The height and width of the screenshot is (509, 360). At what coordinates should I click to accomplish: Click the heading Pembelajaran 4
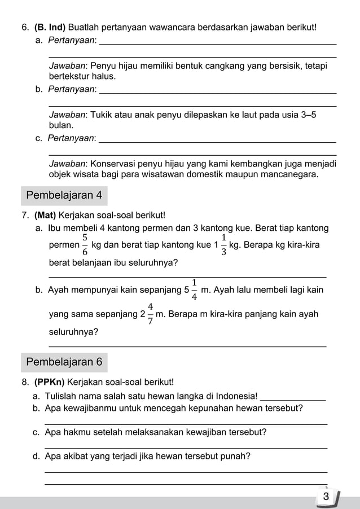[x=64, y=196]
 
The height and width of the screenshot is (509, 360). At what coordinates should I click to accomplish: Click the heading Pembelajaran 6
[x=64, y=362]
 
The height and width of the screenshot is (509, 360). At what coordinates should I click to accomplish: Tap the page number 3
[x=326, y=497]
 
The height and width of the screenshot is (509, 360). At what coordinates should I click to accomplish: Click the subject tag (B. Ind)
[x=50, y=27]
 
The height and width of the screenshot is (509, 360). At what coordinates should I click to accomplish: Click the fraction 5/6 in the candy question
[x=85, y=245]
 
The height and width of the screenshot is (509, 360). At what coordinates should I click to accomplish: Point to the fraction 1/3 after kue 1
[x=223, y=245]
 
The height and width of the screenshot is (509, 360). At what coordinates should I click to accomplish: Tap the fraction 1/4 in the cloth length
[x=194, y=289]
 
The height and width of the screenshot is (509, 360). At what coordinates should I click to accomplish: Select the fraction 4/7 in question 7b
[x=151, y=314]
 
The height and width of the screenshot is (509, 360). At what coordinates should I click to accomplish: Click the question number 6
[x=25, y=27]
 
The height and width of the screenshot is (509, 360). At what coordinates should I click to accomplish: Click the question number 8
[x=25, y=382]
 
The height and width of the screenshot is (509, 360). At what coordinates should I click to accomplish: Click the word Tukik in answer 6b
[x=102, y=115]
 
